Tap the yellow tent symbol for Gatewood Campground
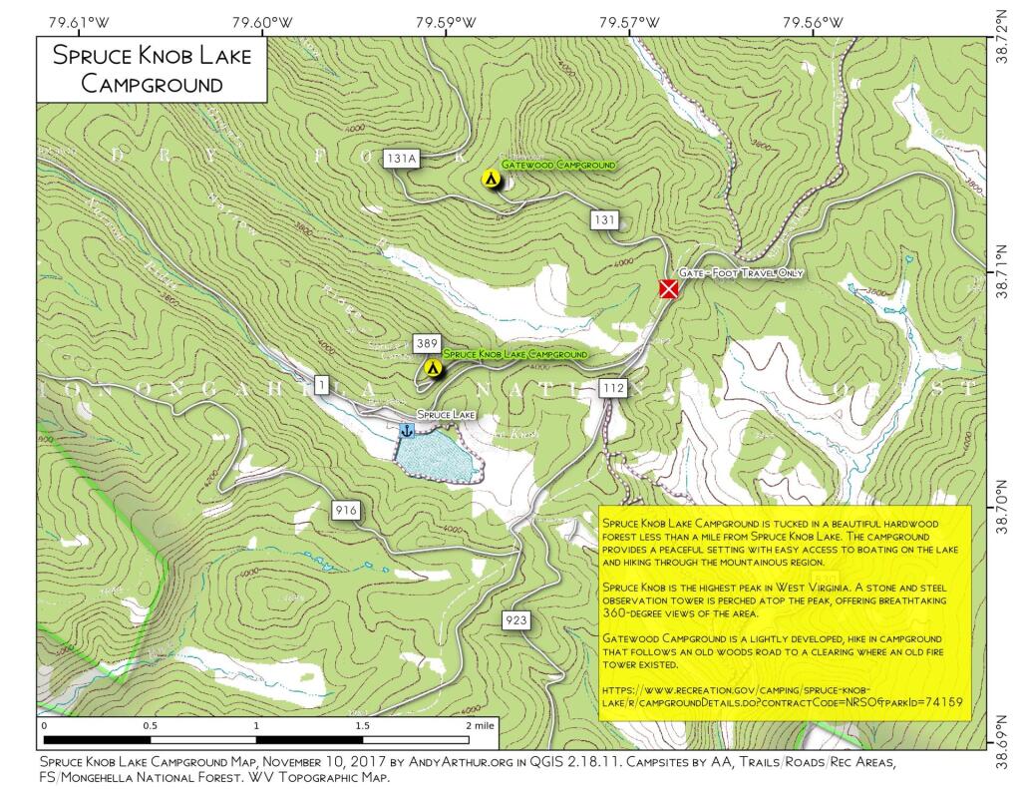pos(491,179)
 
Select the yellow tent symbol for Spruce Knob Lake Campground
pos(434,368)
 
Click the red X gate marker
pos(669,289)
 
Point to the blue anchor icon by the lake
pos(407,430)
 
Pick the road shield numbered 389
pos(428,342)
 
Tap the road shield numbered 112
pos(613,389)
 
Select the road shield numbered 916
pos(346,511)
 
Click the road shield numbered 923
pos(515,620)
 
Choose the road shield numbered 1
pos(321,385)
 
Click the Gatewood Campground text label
pos(557,165)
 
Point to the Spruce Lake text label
pos(445,414)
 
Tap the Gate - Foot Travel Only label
pos(741,272)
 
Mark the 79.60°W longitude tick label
pos(263,21)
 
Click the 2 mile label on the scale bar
pos(481,725)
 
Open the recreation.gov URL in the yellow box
pos(783,695)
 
